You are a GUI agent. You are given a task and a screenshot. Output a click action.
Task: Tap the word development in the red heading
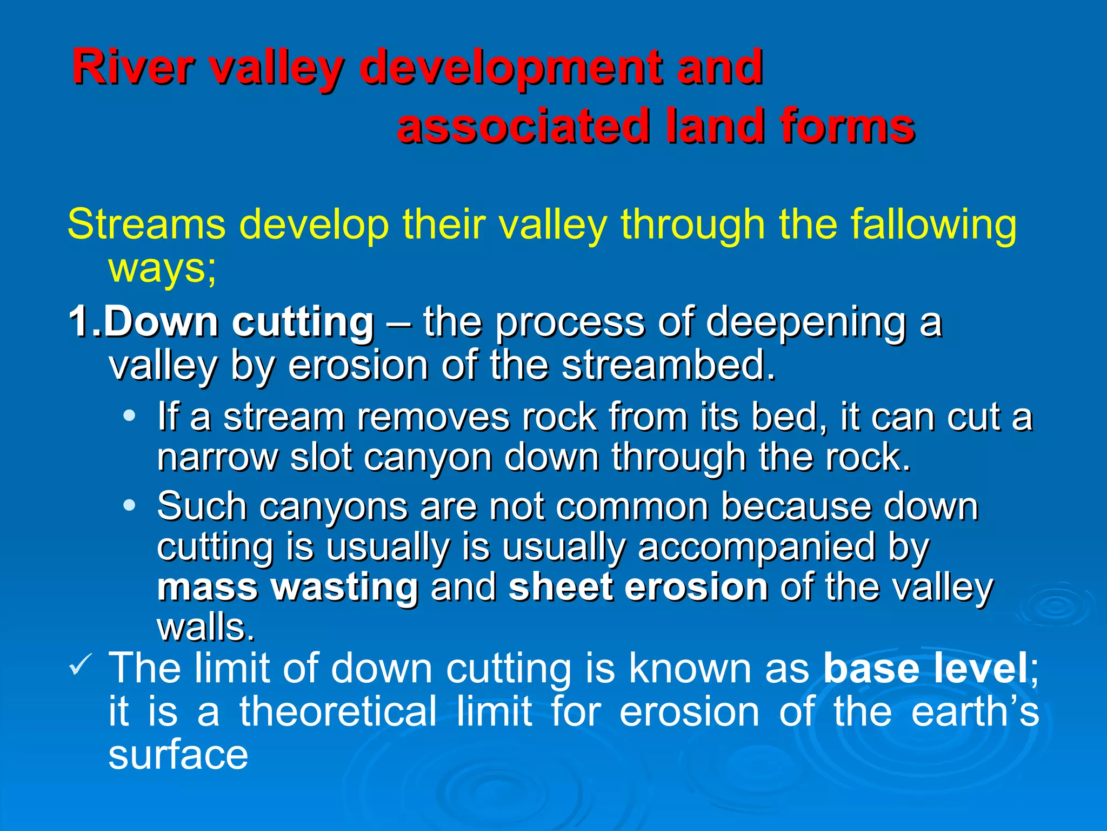tap(511, 68)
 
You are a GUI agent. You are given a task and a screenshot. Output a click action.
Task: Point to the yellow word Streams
tap(146, 225)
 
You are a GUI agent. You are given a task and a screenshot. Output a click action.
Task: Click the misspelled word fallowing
tap(933, 225)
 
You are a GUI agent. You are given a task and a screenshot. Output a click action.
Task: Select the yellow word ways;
tap(162, 269)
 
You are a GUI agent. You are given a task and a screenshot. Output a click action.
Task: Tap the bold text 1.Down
tap(143, 322)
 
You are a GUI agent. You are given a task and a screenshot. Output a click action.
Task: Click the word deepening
tap(805, 322)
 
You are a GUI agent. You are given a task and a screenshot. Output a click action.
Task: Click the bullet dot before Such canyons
tap(129, 505)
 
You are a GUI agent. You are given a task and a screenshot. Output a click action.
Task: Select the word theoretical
tap(338, 712)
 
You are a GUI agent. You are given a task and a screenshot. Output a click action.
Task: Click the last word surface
tap(178, 755)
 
